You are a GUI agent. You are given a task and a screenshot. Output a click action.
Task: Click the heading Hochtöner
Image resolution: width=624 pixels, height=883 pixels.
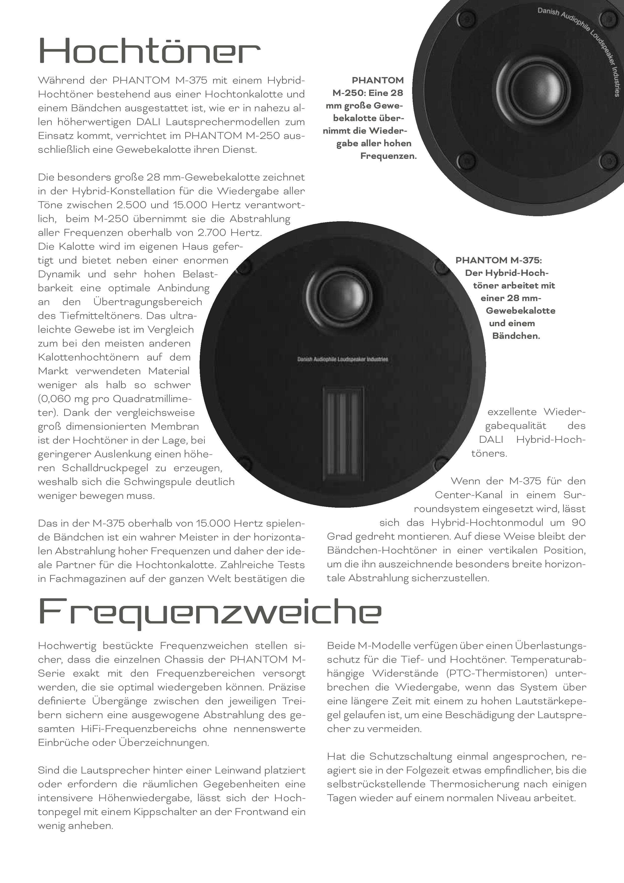[149, 51]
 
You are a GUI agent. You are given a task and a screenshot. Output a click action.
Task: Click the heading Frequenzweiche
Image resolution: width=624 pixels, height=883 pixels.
[210, 612]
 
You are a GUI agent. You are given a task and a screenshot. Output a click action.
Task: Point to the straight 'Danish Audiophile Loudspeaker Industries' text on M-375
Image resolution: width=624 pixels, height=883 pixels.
[342, 359]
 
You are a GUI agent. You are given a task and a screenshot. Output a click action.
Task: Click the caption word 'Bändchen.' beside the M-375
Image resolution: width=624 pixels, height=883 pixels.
[516, 336]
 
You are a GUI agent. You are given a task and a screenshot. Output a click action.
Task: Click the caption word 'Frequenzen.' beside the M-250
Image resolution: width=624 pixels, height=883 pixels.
[388, 156]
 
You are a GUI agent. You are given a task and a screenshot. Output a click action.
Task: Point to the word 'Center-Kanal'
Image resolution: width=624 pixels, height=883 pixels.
[468, 495]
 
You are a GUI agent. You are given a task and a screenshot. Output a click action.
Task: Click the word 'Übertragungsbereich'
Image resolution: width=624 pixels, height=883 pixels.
[148, 302]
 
